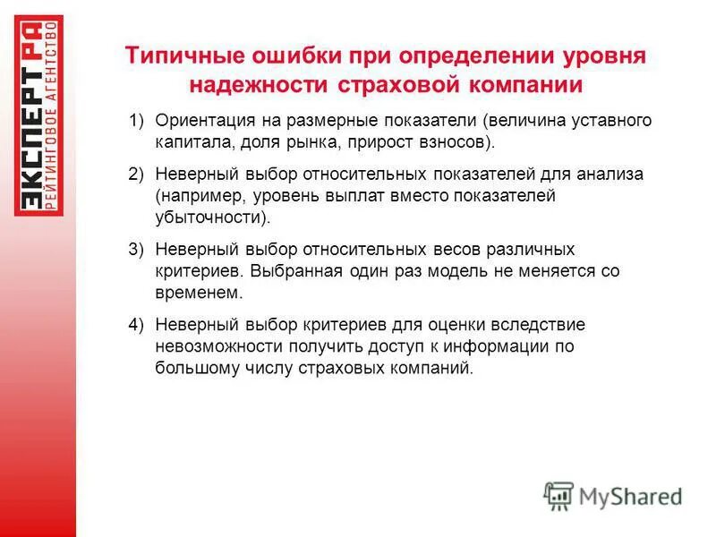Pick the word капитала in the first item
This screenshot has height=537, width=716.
[x=185, y=141]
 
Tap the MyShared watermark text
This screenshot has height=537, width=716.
[x=629, y=495]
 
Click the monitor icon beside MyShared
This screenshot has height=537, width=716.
[x=558, y=495]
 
